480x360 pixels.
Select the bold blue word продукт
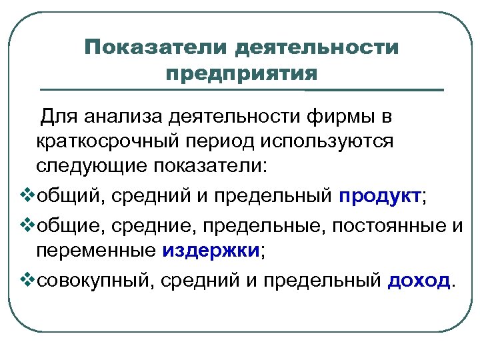click(x=380, y=197)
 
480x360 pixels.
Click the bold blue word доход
click(x=419, y=280)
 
